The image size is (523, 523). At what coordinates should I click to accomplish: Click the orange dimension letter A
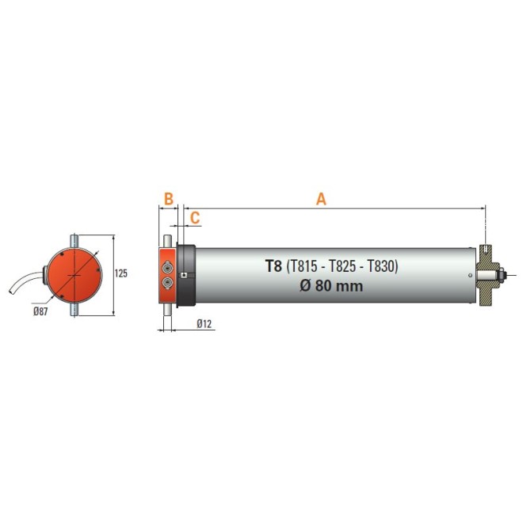pos(321,199)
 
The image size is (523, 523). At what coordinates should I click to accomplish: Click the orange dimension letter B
pos(168,199)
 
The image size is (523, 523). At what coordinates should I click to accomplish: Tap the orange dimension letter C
pos(195,216)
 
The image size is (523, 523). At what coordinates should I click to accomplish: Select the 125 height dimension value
pos(121,273)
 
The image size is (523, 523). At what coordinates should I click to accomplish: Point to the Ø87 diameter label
pos(42,311)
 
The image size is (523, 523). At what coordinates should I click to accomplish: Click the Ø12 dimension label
pos(204,323)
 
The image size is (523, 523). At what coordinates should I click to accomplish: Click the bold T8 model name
pos(273,267)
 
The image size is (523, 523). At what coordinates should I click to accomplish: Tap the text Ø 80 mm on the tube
pos(331,286)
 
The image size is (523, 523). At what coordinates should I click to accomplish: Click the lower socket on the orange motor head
pos(168,282)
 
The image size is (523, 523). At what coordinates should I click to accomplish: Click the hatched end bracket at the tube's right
pos(486,275)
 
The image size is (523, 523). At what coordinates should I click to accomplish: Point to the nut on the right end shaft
pos(502,275)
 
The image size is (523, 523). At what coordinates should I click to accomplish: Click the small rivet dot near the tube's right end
pos(473,275)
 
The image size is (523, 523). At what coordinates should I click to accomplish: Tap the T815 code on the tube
pos(308,267)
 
